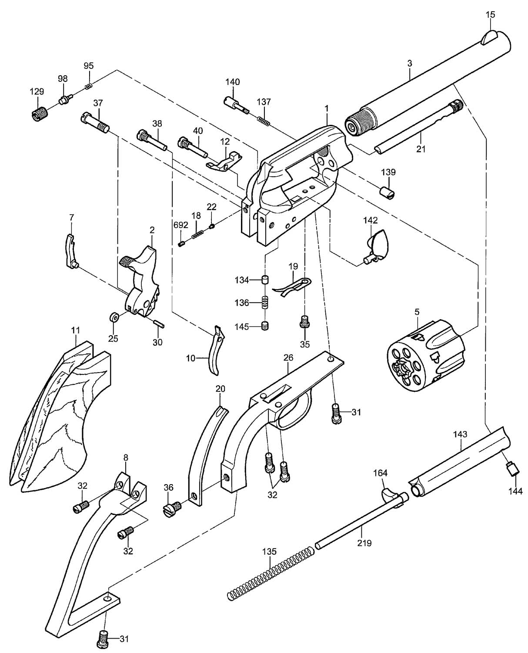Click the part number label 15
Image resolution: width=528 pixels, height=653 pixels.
(x=490, y=14)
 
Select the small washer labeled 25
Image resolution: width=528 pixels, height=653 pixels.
(x=115, y=317)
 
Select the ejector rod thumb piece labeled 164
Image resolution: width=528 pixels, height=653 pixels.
(x=391, y=496)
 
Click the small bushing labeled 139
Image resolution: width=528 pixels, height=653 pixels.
(x=388, y=193)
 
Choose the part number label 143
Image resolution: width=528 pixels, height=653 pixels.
(x=460, y=434)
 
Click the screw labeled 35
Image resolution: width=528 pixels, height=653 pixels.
(x=305, y=321)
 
